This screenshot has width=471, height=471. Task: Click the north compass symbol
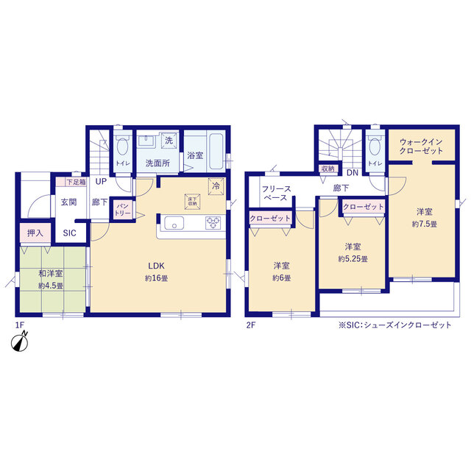point(20,341)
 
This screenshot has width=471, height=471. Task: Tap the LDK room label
point(156,266)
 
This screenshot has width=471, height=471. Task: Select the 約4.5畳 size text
point(51,286)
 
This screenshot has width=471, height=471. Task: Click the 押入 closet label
point(35,233)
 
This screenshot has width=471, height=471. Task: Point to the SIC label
point(69,233)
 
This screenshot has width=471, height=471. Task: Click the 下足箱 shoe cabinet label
point(76,182)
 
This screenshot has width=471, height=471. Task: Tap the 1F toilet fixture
point(123,146)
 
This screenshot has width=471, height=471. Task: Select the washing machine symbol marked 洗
point(169,141)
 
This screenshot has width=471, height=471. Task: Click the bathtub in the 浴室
point(216,151)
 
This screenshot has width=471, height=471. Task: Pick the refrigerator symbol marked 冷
point(216,186)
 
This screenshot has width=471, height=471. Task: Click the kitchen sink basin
point(174,223)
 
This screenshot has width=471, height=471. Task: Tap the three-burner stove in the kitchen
point(213,223)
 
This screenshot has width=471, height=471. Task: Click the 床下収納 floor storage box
point(192,201)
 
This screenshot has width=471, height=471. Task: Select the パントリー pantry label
point(123,210)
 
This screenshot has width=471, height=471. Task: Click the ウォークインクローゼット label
point(421,146)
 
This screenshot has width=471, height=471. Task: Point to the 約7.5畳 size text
point(425,224)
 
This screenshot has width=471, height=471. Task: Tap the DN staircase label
point(353,173)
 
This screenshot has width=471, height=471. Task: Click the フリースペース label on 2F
point(277,193)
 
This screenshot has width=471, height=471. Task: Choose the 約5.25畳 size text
point(353,259)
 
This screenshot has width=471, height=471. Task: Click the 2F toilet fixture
point(375,146)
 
